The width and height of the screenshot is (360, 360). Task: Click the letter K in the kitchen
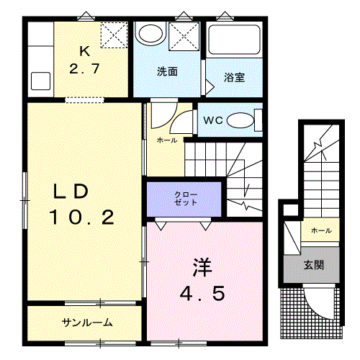point(85,51)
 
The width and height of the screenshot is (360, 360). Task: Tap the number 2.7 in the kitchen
point(84,68)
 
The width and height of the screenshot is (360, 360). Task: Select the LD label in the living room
point(71,192)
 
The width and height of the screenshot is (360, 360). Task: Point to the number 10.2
point(81,217)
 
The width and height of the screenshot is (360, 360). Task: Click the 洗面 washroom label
point(167,71)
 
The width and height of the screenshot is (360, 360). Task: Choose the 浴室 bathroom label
point(234,77)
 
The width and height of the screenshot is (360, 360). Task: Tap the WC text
point(213,120)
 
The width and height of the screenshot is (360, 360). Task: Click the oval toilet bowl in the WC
point(240,120)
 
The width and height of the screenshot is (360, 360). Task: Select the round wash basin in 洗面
point(150,33)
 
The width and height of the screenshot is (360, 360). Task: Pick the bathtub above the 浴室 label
point(234,40)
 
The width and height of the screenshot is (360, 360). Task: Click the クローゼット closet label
point(186,199)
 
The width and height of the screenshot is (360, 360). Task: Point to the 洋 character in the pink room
point(202,267)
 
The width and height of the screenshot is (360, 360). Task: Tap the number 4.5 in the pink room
point(202,293)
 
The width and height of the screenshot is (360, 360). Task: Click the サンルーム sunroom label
point(87,323)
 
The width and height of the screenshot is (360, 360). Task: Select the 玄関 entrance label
point(314,265)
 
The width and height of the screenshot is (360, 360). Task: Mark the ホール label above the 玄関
point(321,230)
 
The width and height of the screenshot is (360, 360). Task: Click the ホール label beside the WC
point(167,140)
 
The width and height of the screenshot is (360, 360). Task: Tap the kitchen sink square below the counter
point(41,81)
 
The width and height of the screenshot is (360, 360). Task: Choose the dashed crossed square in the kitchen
point(114,35)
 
